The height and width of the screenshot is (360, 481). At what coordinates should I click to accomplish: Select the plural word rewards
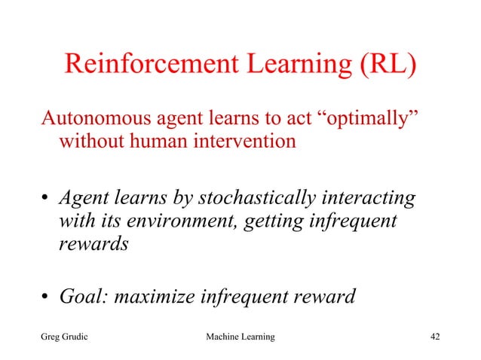[x=90, y=245]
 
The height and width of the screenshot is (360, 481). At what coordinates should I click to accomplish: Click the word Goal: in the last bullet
[x=83, y=297]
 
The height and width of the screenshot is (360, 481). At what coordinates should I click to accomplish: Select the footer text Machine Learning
[x=240, y=336]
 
